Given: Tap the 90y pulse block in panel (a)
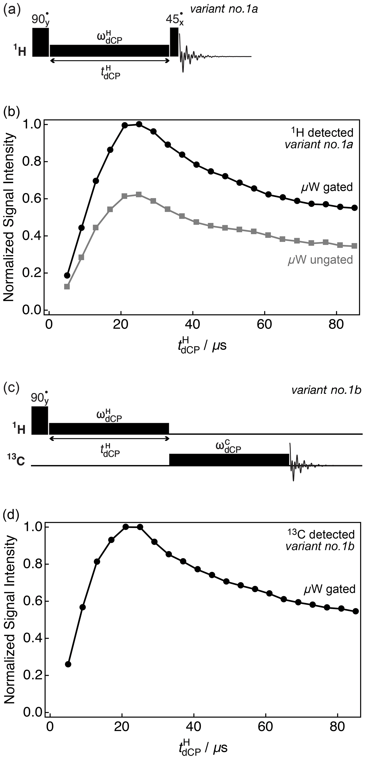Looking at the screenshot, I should tap(40, 42).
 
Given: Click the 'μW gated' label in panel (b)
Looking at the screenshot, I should tap(327, 187).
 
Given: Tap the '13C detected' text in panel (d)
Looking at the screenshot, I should tap(321, 535).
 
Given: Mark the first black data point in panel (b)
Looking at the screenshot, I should tap(67, 275).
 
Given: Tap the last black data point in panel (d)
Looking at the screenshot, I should tap(356, 611).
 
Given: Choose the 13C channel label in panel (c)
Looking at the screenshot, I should tap(16, 461).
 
